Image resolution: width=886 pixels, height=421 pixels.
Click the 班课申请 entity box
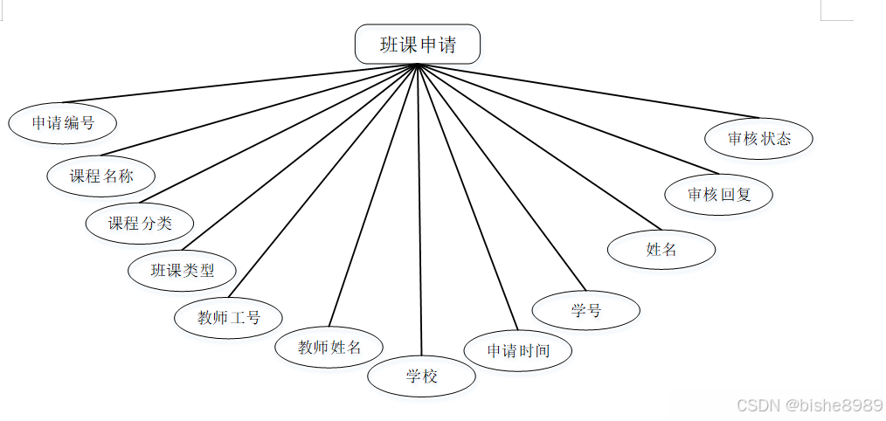[418, 45]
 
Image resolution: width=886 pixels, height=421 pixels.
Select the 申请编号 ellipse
[63, 123]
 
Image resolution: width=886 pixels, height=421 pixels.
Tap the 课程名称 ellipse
[101, 175]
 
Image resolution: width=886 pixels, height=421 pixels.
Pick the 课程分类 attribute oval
[140, 223]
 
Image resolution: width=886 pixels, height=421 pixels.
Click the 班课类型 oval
[183, 270]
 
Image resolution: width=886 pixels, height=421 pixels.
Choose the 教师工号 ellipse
[229, 317]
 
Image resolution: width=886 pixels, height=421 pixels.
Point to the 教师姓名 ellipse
[329, 348]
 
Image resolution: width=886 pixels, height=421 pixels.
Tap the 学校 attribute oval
[422, 376]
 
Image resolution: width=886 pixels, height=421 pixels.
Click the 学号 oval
[586, 310]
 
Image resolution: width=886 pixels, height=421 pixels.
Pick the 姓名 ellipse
[661, 249]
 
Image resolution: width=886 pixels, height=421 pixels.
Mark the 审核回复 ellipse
[719, 195]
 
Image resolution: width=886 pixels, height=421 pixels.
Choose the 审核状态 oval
[759, 138]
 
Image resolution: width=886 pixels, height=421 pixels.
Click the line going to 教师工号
[323, 182]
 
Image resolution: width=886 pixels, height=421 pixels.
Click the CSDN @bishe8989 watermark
[809, 405]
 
